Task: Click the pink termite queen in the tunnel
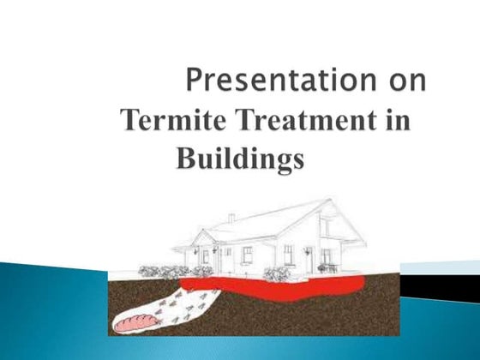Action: (x=135, y=325)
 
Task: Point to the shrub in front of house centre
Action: (x=276, y=273)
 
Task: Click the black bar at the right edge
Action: (x=452, y=289)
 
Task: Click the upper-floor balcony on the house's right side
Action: (x=331, y=230)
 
